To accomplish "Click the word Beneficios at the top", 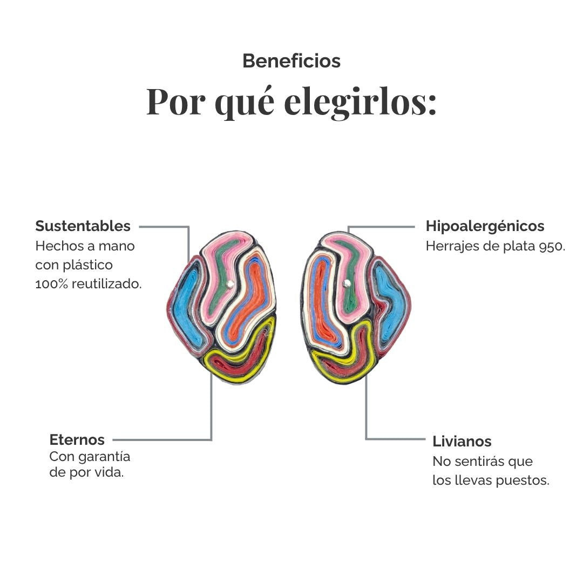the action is tap(291, 61).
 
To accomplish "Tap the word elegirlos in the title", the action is tap(360, 102).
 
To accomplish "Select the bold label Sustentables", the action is tap(83, 226).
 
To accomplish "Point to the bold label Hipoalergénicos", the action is tap(485, 226).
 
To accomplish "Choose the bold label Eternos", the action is tap(77, 439).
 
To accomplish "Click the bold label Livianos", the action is tap(462, 442).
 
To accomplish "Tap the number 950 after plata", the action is tap(552, 246).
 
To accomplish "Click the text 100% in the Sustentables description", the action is tap(52, 284).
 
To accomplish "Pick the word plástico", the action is tap(88, 266).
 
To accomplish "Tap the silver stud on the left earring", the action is tap(230, 284).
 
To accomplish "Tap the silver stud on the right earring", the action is tap(347, 284).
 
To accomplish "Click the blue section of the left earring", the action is tap(189, 305).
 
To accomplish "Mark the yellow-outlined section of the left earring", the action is tap(240, 355).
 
